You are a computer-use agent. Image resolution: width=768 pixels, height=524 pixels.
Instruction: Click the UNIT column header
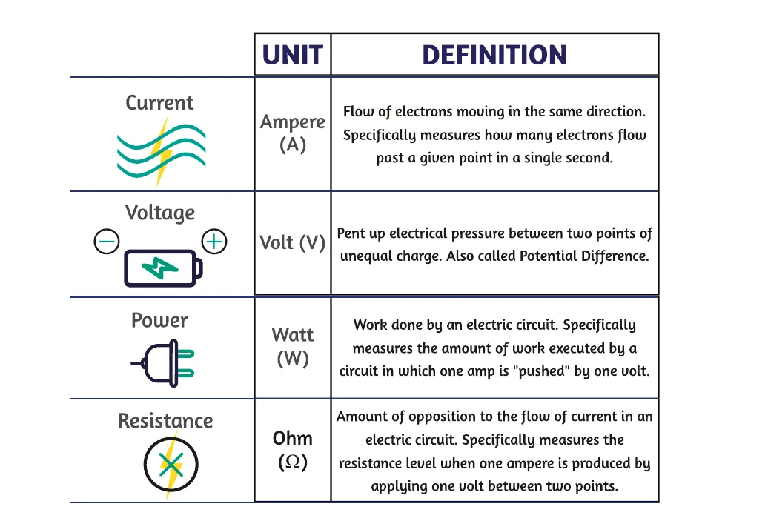click(292, 55)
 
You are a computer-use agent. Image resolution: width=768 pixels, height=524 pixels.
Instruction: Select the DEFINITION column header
click(494, 55)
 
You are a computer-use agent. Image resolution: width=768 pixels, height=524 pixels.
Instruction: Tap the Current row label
click(159, 103)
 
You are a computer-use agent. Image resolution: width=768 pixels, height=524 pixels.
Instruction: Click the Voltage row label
click(159, 213)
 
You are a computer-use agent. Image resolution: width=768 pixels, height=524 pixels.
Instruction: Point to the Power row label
click(159, 320)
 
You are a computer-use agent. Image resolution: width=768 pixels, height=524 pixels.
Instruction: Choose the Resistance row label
click(165, 421)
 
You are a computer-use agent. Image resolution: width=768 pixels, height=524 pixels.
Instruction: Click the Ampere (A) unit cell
click(292, 133)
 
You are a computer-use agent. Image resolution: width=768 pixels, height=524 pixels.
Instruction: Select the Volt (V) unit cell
click(292, 243)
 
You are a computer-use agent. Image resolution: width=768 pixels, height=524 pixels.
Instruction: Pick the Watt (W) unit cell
click(292, 347)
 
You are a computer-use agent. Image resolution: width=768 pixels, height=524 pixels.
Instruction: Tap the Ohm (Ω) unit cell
click(292, 450)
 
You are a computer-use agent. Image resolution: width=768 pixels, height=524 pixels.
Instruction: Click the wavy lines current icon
click(162, 151)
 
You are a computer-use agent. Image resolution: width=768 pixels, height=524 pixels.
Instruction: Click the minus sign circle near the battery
click(107, 242)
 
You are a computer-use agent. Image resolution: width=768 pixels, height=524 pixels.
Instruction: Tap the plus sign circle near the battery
click(214, 242)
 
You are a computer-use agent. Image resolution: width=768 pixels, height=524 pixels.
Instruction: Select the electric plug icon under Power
click(162, 363)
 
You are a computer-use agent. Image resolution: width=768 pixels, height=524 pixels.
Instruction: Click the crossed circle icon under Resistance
click(171, 464)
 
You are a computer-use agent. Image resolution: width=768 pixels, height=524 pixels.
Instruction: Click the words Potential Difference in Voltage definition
click(584, 256)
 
